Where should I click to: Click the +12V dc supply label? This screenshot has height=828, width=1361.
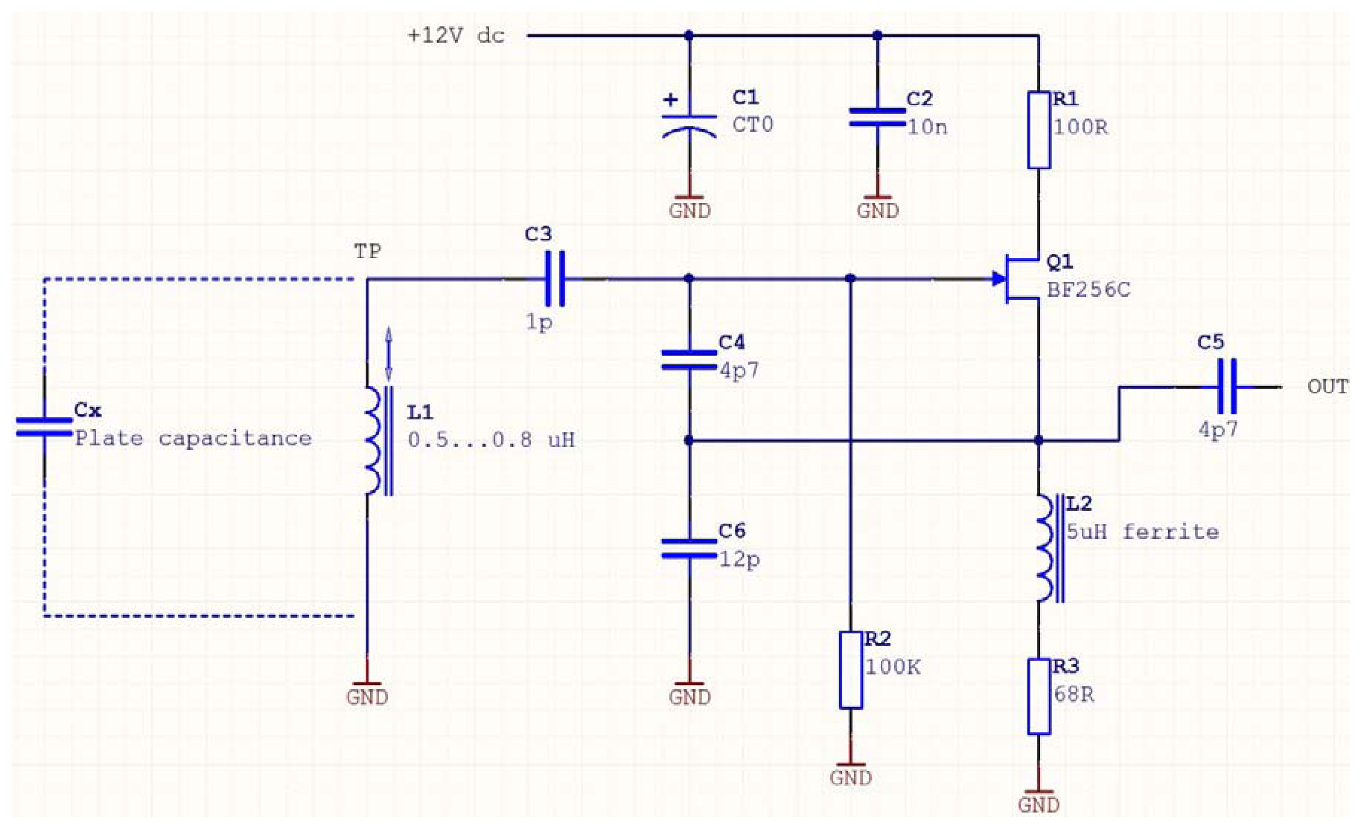point(456,36)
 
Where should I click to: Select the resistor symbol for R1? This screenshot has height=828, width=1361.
point(1038,130)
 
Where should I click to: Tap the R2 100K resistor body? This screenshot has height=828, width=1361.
point(851,670)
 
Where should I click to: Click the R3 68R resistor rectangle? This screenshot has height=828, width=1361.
point(1038,696)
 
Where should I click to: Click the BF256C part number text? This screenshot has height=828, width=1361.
point(1088,290)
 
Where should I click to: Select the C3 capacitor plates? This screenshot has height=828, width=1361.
point(555,279)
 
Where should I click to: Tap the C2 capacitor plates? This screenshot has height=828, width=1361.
point(877,117)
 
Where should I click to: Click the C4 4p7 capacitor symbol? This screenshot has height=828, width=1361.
point(689,359)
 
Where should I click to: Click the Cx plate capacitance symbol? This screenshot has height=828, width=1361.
point(44,427)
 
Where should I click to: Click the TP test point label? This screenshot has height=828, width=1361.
point(367,252)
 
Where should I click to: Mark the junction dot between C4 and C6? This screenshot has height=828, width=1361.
point(689,440)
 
